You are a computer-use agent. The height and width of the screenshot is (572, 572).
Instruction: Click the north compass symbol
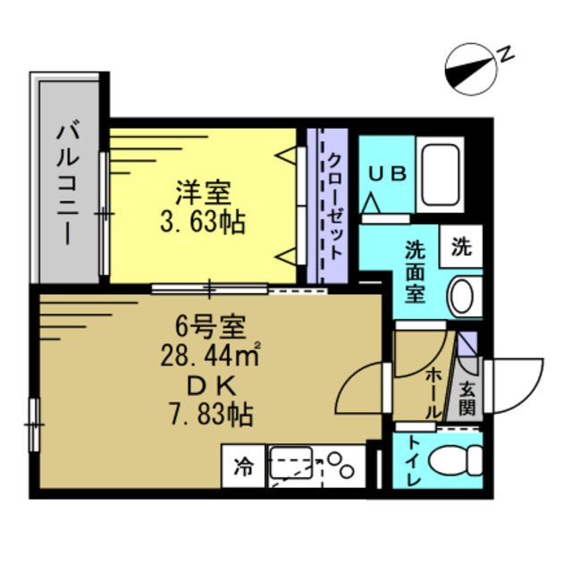click(x=472, y=70)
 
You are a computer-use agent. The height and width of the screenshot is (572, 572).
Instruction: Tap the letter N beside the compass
click(x=505, y=55)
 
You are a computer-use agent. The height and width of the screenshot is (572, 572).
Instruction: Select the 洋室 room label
click(x=203, y=192)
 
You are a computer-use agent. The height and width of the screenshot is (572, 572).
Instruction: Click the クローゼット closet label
click(x=333, y=206)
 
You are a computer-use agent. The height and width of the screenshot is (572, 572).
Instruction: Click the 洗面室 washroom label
click(x=416, y=271)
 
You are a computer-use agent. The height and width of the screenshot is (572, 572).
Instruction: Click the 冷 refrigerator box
click(x=243, y=466)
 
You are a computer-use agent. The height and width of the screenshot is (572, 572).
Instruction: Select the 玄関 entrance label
click(x=467, y=397)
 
